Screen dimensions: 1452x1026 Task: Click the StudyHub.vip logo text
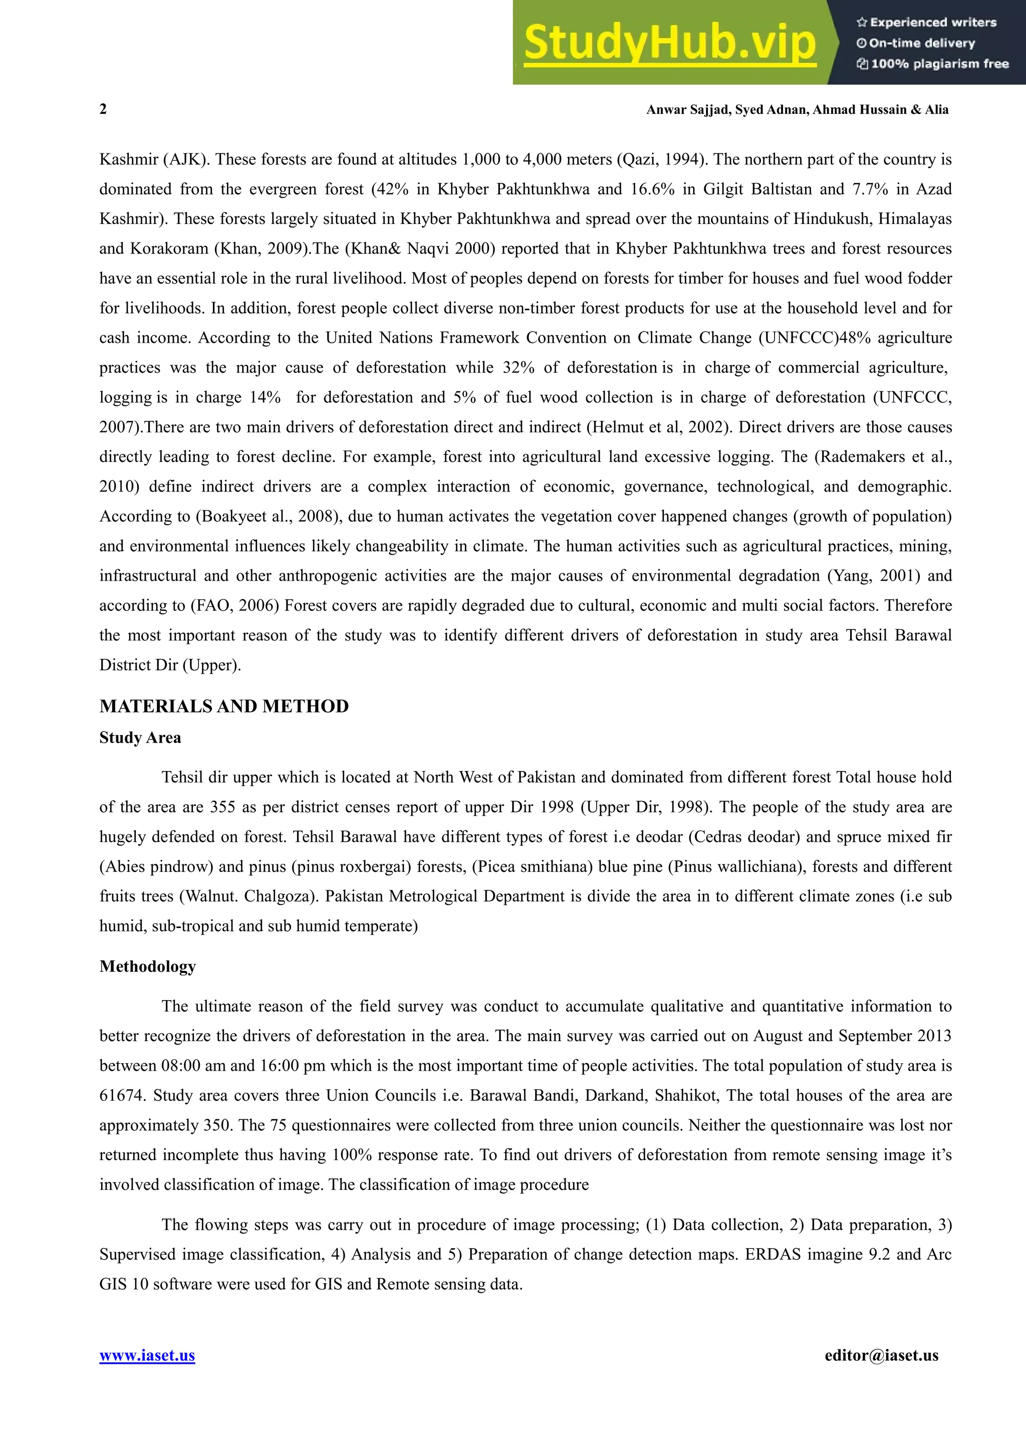point(669,43)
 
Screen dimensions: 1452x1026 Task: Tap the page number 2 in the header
point(103,109)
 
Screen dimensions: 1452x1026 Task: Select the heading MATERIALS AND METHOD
point(224,706)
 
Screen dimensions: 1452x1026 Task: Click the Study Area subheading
point(140,738)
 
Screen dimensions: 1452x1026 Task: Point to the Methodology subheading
point(147,966)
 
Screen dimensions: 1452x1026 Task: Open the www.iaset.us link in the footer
point(147,1356)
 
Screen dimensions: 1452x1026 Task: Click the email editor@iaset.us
point(881,1356)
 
